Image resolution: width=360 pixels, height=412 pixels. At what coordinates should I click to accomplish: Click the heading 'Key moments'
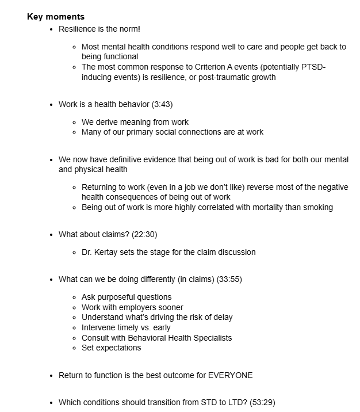(x=55, y=17)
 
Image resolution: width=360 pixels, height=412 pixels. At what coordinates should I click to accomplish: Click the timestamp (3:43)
(x=162, y=104)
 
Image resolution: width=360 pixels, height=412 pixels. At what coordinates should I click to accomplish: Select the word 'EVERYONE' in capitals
(x=233, y=375)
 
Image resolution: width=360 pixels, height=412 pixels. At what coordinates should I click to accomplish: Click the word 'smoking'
(x=317, y=207)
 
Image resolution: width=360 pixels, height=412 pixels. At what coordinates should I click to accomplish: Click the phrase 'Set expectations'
(x=111, y=348)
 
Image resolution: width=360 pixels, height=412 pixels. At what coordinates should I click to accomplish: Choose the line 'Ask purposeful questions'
(x=127, y=297)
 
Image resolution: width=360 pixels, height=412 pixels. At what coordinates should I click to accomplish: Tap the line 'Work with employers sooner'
(x=132, y=307)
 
